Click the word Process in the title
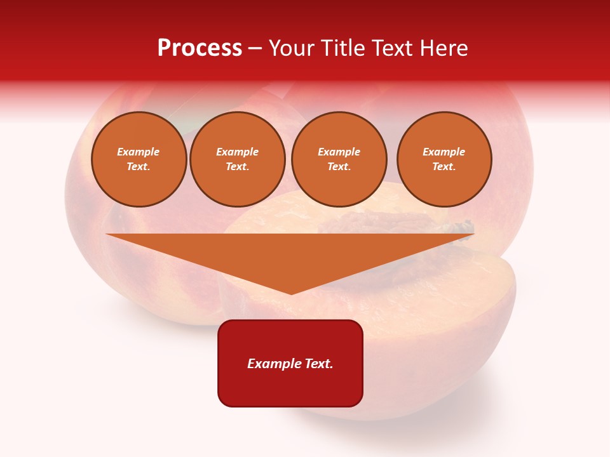pyautogui.click(x=200, y=48)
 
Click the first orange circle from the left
pyautogui.click(x=139, y=159)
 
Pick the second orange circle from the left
pyautogui.click(x=238, y=159)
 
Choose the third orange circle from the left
pyautogui.click(x=339, y=159)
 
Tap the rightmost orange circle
pyautogui.click(x=444, y=159)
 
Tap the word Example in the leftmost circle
pyautogui.click(x=139, y=152)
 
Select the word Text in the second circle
pyautogui.click(x=236, y=166)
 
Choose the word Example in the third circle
pyautogui.click(x=339, y=152)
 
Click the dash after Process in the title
pyautogui.click(x=255, y=48)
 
